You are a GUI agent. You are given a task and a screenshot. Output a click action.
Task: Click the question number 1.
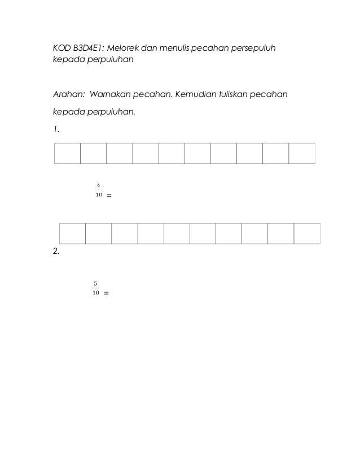click(x=55, y=129)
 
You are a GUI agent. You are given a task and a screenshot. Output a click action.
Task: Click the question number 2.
click(x=55, y=252)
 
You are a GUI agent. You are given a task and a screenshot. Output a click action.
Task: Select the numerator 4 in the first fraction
click(x=98, y=186)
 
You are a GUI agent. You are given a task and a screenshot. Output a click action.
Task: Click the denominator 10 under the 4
click(x=98, y=195)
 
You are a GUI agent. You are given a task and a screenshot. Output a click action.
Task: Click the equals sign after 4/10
click(x=108, y=196)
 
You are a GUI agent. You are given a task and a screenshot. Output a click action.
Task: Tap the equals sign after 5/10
click(x=107, y=294)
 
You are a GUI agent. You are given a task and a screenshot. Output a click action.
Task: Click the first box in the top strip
click(x=67, y=153)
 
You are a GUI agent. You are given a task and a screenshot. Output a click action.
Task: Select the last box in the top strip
click(x=302, y=153)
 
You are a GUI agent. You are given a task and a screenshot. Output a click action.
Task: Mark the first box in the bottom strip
click(x=73, y=234)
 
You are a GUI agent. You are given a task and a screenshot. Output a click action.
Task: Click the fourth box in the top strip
click(x=146, y=153)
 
